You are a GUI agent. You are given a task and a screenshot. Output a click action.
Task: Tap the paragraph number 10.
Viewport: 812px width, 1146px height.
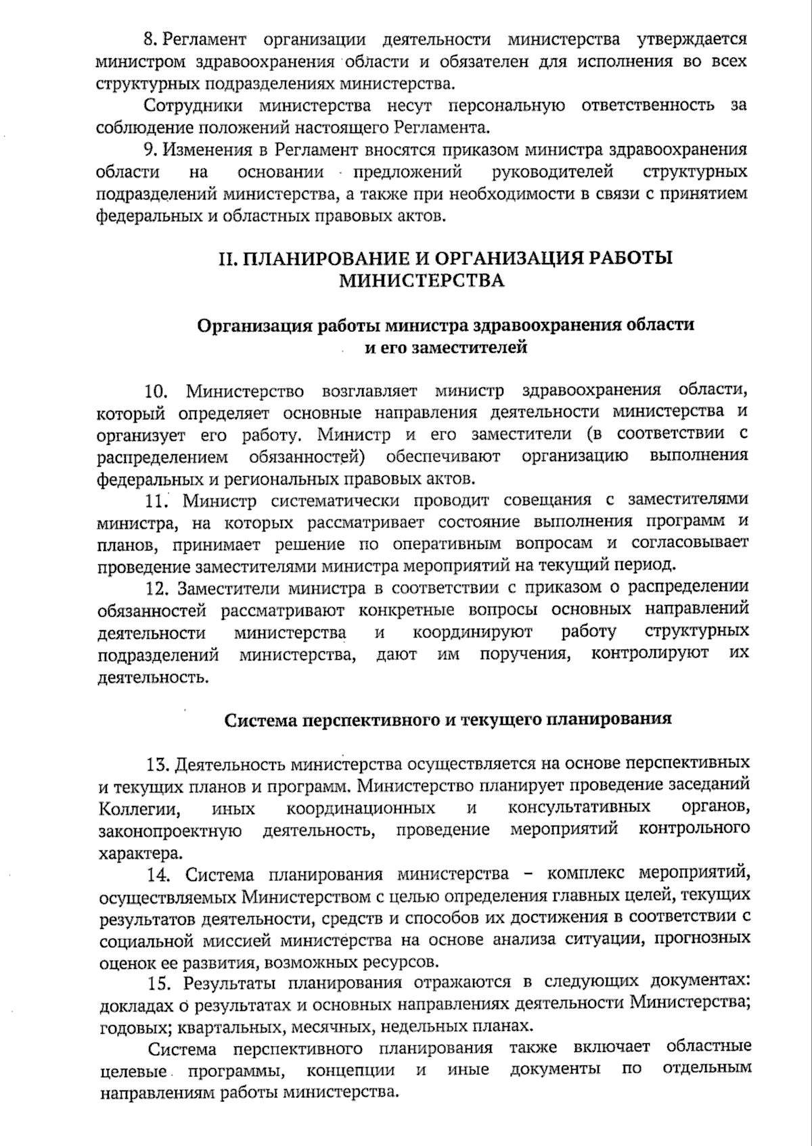(156, 391)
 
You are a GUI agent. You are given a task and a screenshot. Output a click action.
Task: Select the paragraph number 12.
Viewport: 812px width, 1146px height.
(156, 588)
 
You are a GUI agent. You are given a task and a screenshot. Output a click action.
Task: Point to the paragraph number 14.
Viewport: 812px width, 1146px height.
(158, 874)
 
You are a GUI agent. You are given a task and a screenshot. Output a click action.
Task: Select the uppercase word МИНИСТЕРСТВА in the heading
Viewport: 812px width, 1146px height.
(421, 281)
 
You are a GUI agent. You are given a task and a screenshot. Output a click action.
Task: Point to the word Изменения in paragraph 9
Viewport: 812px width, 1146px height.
(207, 149)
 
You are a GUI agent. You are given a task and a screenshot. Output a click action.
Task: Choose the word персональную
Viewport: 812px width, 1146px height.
(487, 105)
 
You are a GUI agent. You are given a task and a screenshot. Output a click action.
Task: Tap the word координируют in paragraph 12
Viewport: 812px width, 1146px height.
(472, 633)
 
